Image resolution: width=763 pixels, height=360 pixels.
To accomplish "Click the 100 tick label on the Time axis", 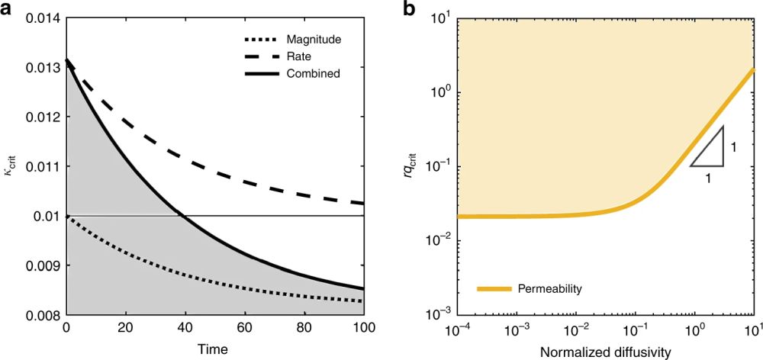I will (363, 330).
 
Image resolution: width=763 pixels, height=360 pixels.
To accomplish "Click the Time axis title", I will (214, 350).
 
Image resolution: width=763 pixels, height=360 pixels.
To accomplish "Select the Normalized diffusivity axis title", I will (606, 351).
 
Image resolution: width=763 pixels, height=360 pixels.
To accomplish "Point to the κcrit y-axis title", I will (10, 166).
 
